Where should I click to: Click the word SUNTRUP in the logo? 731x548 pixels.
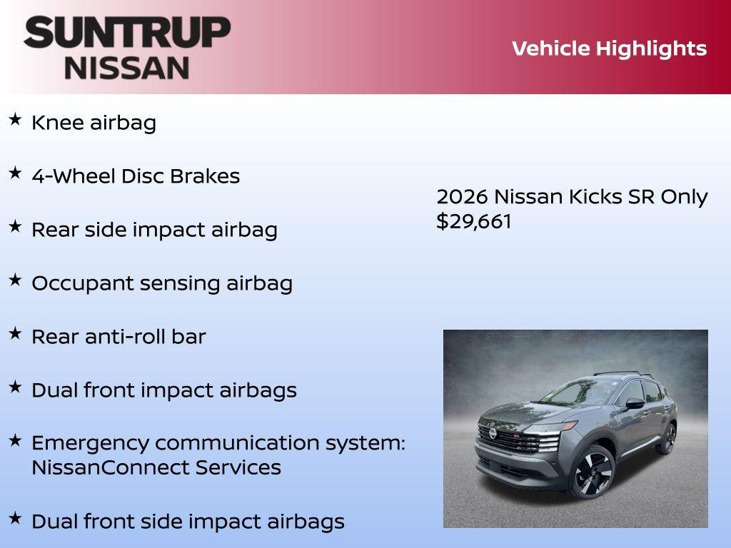point(127,32)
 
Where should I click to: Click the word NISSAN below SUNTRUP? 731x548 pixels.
point(127,68)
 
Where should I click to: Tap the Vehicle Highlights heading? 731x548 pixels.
point(609,49)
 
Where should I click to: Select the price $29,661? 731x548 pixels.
point(474,221)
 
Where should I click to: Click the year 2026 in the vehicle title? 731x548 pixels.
point(462,197)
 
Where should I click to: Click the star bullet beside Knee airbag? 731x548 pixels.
point(15,120)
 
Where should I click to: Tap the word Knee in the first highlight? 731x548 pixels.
point(58,123)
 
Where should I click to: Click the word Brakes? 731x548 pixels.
point(208,176)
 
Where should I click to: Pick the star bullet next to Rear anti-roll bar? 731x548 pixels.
point(15,333)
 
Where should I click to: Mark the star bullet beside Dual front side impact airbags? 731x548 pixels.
point(15,518)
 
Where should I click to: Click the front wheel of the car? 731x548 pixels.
point(592,472)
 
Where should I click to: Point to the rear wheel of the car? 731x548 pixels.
point(667,437)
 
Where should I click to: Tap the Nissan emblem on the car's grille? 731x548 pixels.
point(492,433)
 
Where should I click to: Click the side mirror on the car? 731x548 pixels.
point(635,403)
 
